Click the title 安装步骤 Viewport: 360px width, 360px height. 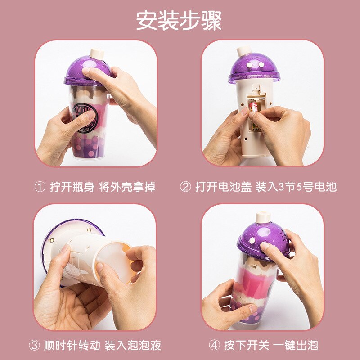click(x=179, y=20)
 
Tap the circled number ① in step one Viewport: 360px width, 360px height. click(x=40, y=187)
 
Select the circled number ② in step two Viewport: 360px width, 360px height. click(x=185, y=187)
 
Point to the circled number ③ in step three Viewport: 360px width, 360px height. click(x=34, y=345)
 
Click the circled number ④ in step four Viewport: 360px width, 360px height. click(x=215, y=345)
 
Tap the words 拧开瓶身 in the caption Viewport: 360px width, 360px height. click(x=72, y=187)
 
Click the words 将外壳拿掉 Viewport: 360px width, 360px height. click(x=127, y=187)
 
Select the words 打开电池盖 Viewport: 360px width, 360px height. click(x=223, y=187)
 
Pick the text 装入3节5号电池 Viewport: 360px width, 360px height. click(x=297, y=187)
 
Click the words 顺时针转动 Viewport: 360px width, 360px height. click(x=72, y=345)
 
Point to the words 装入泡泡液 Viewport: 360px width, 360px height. click(x=133, y=345)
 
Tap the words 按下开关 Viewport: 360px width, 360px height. click(x=247, y=345)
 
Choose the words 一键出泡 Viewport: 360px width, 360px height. click(x=296, y=345)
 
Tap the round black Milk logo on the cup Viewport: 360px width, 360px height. click(x=85, y=118)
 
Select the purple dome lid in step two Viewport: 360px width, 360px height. click(x=254, y=68)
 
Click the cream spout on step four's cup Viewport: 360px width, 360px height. click(x=263, y=218)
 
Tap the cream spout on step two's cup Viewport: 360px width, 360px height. click(x=244, y=51)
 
